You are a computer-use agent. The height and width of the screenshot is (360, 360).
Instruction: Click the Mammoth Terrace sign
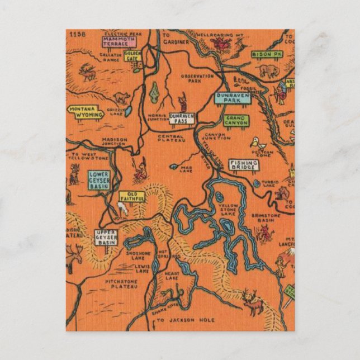119,41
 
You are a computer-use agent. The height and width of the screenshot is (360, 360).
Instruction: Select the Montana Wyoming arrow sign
86,112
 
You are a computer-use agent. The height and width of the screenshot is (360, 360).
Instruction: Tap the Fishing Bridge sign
243,165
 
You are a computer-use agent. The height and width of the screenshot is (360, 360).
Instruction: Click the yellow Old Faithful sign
132,196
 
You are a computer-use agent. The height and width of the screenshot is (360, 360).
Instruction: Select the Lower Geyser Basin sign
99,180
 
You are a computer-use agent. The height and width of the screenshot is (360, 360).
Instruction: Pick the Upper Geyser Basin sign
106,238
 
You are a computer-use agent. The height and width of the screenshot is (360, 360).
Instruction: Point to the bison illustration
269,71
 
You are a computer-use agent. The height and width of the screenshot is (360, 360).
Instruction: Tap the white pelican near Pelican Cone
255,142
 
